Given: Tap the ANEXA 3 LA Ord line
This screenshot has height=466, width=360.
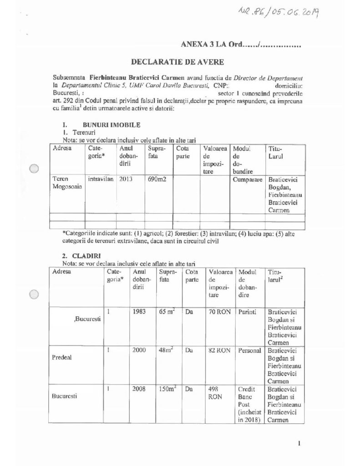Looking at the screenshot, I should coord(241,45).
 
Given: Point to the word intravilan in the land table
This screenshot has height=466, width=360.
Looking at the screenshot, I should coord(100,179).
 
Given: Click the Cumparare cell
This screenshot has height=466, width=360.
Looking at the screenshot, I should coord(247,179).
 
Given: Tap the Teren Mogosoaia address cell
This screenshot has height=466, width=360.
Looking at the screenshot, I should coord(66,183).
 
